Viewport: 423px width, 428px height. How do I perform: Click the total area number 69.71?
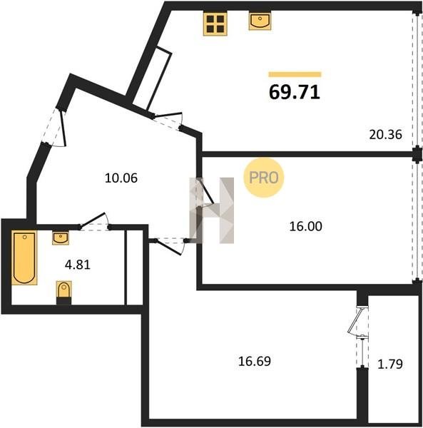tap(294, 92)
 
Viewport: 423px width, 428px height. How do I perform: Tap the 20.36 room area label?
tap(385, 135)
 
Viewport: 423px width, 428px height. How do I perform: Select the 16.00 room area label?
tap(305, 226)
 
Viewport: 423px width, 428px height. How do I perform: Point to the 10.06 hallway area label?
tap(121, 178)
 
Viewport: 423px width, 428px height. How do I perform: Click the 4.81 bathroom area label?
tap(78, 265)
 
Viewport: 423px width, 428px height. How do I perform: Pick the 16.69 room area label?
tap(255, 362)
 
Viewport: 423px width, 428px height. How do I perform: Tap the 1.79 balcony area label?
tap(390, 364)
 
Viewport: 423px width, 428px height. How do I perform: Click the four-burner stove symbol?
tap(215, 24)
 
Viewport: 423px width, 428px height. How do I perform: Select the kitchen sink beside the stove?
tap(260, 21)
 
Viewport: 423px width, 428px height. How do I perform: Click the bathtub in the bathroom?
tap(24, 258)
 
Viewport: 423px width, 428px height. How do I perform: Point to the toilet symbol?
tap(64, 292)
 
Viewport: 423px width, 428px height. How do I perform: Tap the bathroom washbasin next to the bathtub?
tap(61, 238)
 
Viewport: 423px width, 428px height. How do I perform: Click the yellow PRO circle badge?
tap(264, 178)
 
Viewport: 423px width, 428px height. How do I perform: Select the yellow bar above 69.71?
tap(295, 74)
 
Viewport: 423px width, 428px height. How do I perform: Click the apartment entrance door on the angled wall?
tap(55, 128)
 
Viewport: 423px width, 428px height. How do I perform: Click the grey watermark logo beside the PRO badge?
tap(212, 210)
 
